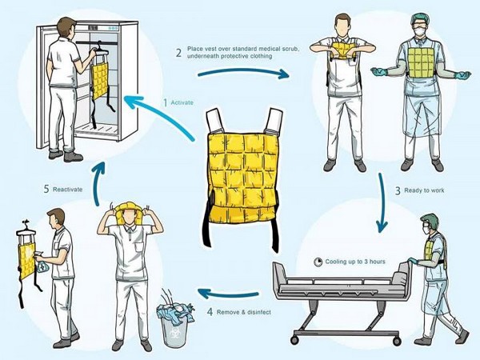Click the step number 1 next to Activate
pyautogui.click(x=165, y=102)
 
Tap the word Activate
pyautogui.click(x=182, y=102)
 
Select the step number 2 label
pyautogui.click(x=178, y=54)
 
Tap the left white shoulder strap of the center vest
pyautogui.click(x=215, y=120)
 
